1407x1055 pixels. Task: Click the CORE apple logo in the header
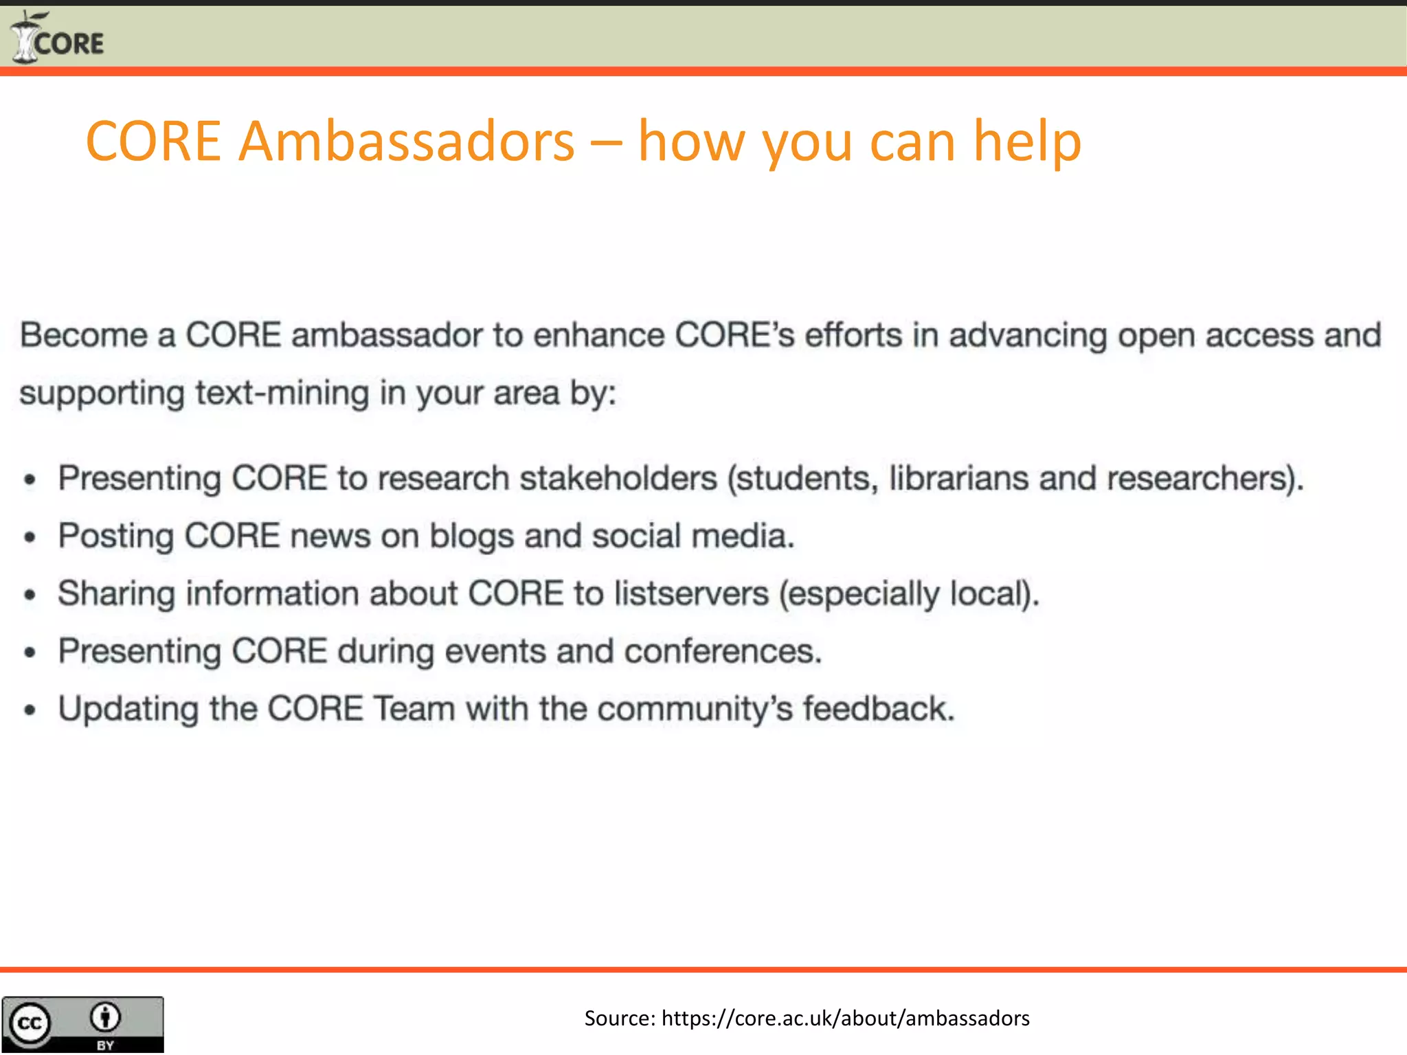click(x=26, y=38)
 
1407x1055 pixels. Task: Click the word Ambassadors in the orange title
click(x=406, y=141)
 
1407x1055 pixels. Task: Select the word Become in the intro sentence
click(x=83, y=336)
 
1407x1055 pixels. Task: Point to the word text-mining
click(x=282, y=394)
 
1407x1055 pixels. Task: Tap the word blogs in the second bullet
click(x=471, y=537)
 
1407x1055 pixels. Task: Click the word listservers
click(x=691, y=594)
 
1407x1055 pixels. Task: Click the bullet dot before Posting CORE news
click(x=30, y=538)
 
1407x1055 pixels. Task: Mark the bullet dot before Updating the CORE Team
click(x=30, y=711)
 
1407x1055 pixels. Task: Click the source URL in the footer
click(x=845, y=1018)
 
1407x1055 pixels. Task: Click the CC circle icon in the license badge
click(x=29, y=1024)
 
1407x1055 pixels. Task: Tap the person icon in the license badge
click(x=105, y=1017)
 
